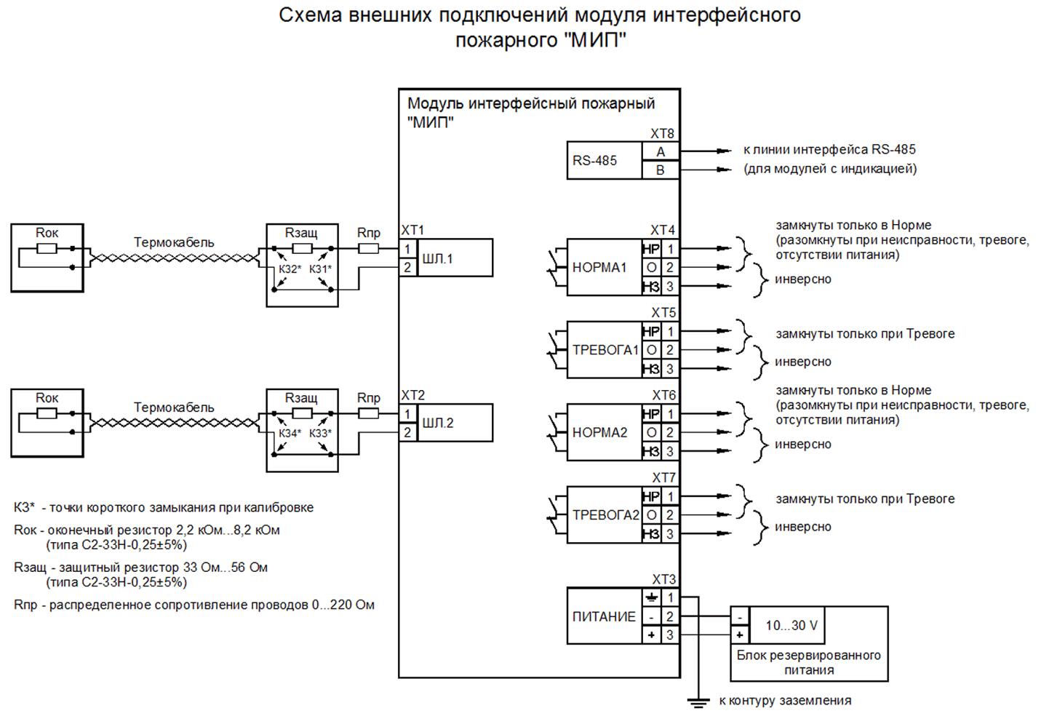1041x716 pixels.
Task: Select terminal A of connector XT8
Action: coord(660,151)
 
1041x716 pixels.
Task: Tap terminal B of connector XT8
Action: coord(660,170)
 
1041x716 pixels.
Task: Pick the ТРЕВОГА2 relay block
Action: coord(604,515)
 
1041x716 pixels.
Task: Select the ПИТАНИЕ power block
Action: coord(604,616)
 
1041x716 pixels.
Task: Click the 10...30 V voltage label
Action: coord(791,625)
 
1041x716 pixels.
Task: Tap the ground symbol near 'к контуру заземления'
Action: coord(698,701)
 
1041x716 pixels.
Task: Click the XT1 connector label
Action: coord(412,230)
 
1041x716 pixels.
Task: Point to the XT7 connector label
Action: coord(663,477)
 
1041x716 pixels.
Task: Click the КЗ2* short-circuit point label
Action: coord(290,268)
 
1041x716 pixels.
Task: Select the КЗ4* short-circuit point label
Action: coord(290,433)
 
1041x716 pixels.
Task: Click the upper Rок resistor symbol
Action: coord(47,248)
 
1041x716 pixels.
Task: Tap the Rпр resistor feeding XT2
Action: coord(369,413)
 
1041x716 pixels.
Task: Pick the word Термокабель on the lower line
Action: coord(174,407)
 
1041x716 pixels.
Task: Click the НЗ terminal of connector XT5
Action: coord(650,369)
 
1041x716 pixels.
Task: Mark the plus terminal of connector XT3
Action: coord(651,635)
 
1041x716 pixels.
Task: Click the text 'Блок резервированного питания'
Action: coord(808,662)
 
